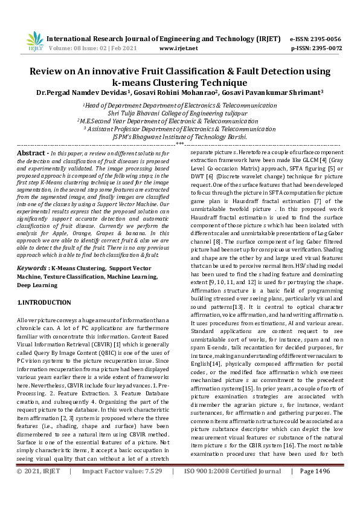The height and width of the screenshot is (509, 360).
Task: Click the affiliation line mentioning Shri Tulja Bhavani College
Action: tap(179, 112)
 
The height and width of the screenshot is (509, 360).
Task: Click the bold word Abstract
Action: tap(31, 154)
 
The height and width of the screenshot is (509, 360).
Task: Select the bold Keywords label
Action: tap(32, 267)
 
